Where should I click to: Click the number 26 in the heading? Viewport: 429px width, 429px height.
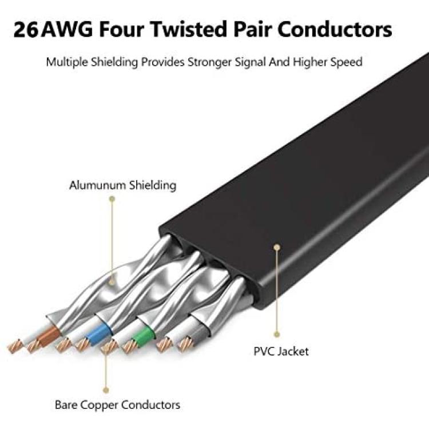pos(25,30)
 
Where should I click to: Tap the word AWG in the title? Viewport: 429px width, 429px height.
pos(68,30)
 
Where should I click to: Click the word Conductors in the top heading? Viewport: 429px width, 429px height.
pos(335,29)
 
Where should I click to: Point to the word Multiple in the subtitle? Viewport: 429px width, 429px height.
pos(67,63)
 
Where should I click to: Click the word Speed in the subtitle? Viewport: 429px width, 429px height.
pos(346,63)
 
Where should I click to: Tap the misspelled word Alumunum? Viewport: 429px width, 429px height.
pos(97,185)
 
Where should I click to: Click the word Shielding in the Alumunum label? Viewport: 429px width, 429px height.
pos(153,185)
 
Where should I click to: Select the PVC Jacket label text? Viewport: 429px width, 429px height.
pos(281,351)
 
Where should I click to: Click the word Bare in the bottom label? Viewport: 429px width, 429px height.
pos(66,404)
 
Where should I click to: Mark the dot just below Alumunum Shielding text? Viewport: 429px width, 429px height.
pos(112,199)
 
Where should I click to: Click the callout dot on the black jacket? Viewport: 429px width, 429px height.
pos(277,247)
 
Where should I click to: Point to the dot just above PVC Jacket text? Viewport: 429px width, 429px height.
pos(277,334)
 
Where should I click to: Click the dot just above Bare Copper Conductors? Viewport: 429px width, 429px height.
pos(106,390)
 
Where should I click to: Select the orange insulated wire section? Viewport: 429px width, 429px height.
pos(49,335)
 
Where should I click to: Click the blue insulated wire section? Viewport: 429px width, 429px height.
pos(98,334)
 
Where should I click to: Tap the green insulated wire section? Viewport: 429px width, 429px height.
pos(143,336)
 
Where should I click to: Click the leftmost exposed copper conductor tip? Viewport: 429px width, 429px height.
pos(14,346)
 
